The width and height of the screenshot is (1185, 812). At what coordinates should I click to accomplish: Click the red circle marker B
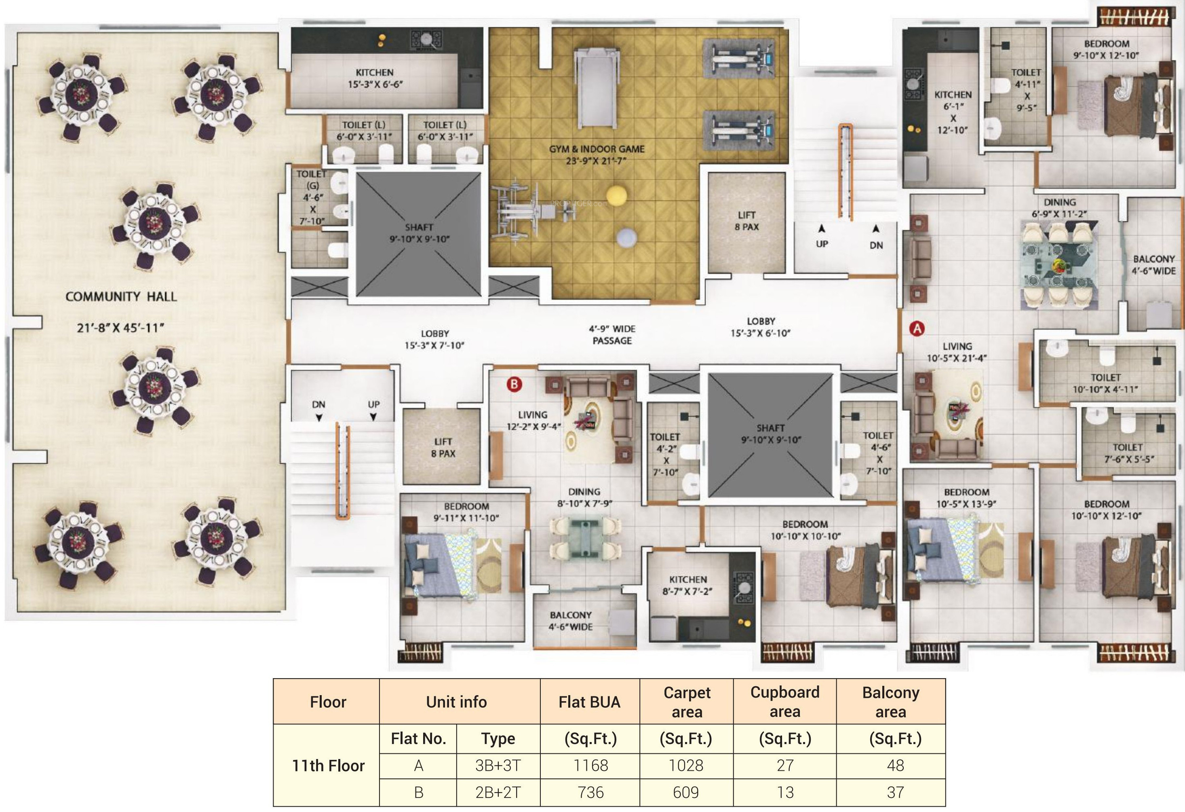click(514, 384)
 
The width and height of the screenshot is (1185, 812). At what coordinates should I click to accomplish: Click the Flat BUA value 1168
click(590, 765)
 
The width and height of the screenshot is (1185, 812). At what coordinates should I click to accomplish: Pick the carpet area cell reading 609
click(686, 792)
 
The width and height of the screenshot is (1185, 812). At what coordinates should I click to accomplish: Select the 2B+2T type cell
click(498, 792)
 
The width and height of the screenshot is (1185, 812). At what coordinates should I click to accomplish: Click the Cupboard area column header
click(785, 701)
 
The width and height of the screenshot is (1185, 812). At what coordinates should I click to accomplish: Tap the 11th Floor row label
click(328, 765)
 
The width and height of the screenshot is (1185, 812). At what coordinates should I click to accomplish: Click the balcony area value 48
click(895, 765)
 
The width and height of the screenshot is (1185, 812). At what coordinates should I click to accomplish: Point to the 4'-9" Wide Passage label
click(612, 334)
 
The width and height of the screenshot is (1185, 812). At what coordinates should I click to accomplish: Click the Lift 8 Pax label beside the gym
click(746, 221)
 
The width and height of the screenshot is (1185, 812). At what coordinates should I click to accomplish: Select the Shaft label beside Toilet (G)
click(419, 233)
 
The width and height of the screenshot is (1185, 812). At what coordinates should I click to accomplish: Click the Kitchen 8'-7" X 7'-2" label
click(688, 586)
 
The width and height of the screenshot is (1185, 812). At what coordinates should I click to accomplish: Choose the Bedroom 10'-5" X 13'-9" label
click(966, 498)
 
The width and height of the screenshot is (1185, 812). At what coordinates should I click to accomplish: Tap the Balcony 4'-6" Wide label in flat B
click(571, 621)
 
